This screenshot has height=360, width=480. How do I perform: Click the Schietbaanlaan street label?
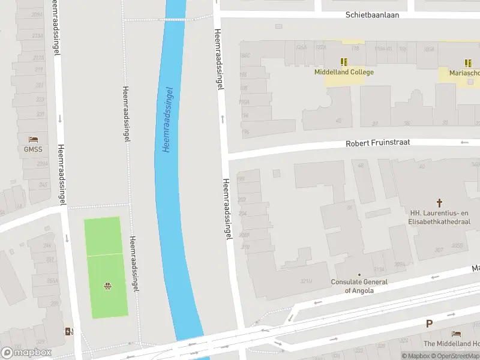pos(373,15)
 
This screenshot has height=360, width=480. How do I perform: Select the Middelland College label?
pos(344,72)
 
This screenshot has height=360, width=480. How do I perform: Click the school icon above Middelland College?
pos(344,62)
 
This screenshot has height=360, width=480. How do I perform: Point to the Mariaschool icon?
pos(468,62)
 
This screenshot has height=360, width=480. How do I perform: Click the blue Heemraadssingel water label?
pos(168,118)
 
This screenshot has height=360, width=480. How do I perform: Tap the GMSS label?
pos(33,149)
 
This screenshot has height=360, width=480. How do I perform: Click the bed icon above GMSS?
pos(33,139)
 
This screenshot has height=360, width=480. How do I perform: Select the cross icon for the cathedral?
pos(439,203)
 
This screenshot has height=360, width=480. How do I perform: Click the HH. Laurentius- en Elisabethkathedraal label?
pos(440,217)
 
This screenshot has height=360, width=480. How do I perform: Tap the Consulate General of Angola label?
pos(359,286)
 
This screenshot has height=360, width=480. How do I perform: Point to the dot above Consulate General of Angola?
pos(359,275)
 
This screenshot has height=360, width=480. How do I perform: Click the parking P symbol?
pos(429,323)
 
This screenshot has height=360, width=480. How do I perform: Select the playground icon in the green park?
pos(108,286)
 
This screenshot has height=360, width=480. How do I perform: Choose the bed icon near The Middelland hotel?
pos(457,334)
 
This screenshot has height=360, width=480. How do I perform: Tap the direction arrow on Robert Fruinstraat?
pos(464,142)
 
